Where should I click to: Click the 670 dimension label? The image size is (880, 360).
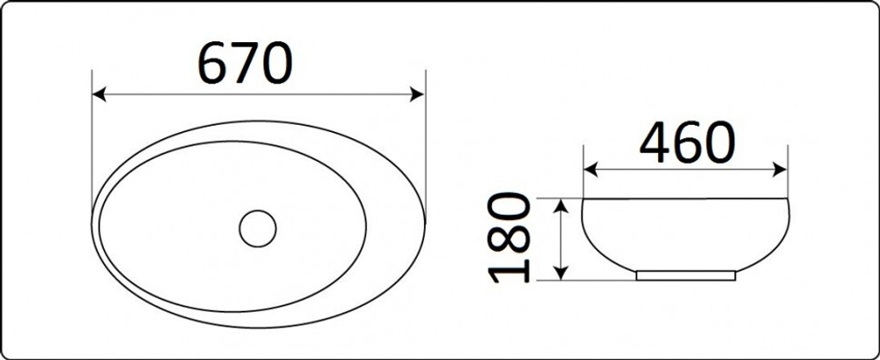click(245, 62)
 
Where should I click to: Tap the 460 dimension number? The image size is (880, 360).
click(687, 142)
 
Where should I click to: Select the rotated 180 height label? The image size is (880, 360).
click(509, 238)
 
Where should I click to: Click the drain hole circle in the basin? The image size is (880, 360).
click(258, 229)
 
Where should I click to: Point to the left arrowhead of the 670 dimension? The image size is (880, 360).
click(99, 94)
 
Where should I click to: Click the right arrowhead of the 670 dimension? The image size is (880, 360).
click(417, 94)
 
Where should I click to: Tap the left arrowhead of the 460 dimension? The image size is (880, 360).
click(591, 170)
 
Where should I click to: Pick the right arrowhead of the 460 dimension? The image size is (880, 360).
click(780, 170)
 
